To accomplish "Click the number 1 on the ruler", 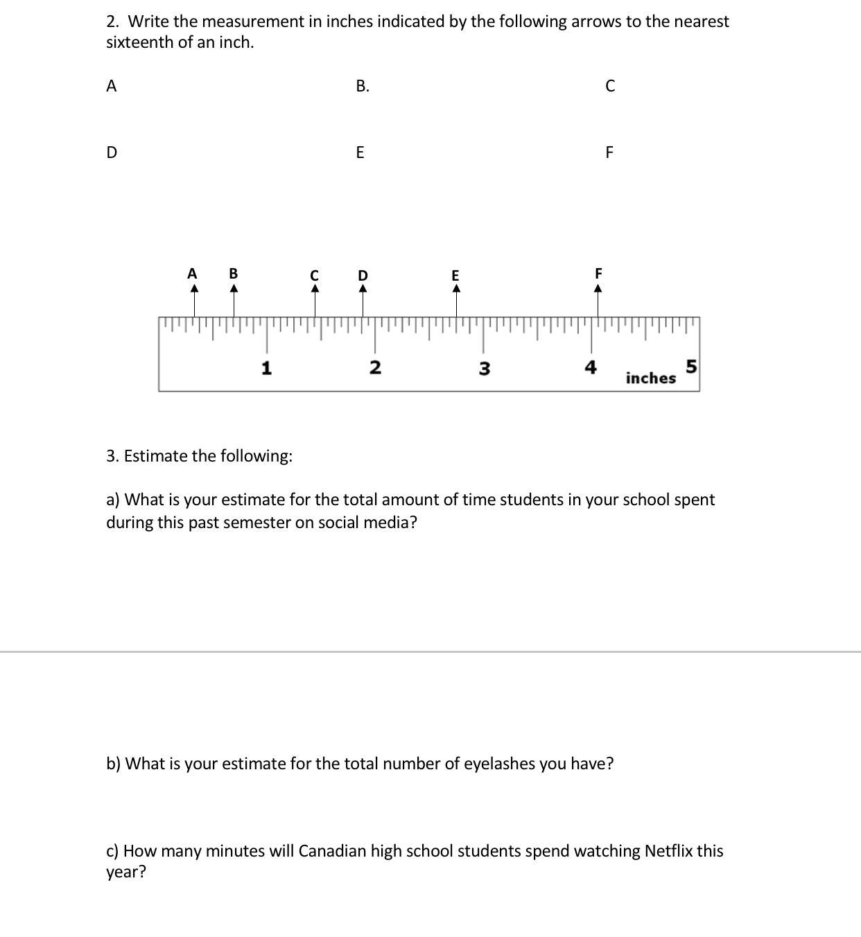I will click(266, 367).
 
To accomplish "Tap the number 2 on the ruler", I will click(375, 367).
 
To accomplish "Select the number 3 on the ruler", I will click(484, 368).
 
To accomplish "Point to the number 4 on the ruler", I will click(591, 367).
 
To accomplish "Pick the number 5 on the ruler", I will click(691, 365).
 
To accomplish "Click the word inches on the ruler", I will click(650, 378).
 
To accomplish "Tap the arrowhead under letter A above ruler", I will click(194, 288).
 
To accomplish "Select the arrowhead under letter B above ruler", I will click(234, 288).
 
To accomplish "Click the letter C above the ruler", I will click(314, 275).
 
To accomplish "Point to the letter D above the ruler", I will click(363, 275).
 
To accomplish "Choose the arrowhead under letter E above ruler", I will click(455, 288).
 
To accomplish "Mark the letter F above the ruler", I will click(599, 273).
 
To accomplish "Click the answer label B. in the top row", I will click(362, 86).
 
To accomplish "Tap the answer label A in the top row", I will click(111, 86).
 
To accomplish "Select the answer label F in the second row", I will click(609, 152).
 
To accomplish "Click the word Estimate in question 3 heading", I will click(155, 456).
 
